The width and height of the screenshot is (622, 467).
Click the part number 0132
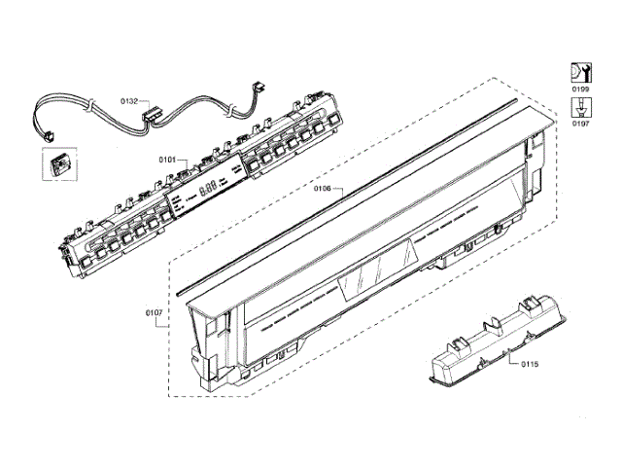point(128,99)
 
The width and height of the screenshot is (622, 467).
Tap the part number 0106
point(324,188)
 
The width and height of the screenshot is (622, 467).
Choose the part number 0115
point(529,364)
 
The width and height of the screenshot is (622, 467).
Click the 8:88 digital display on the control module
point(207,190)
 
